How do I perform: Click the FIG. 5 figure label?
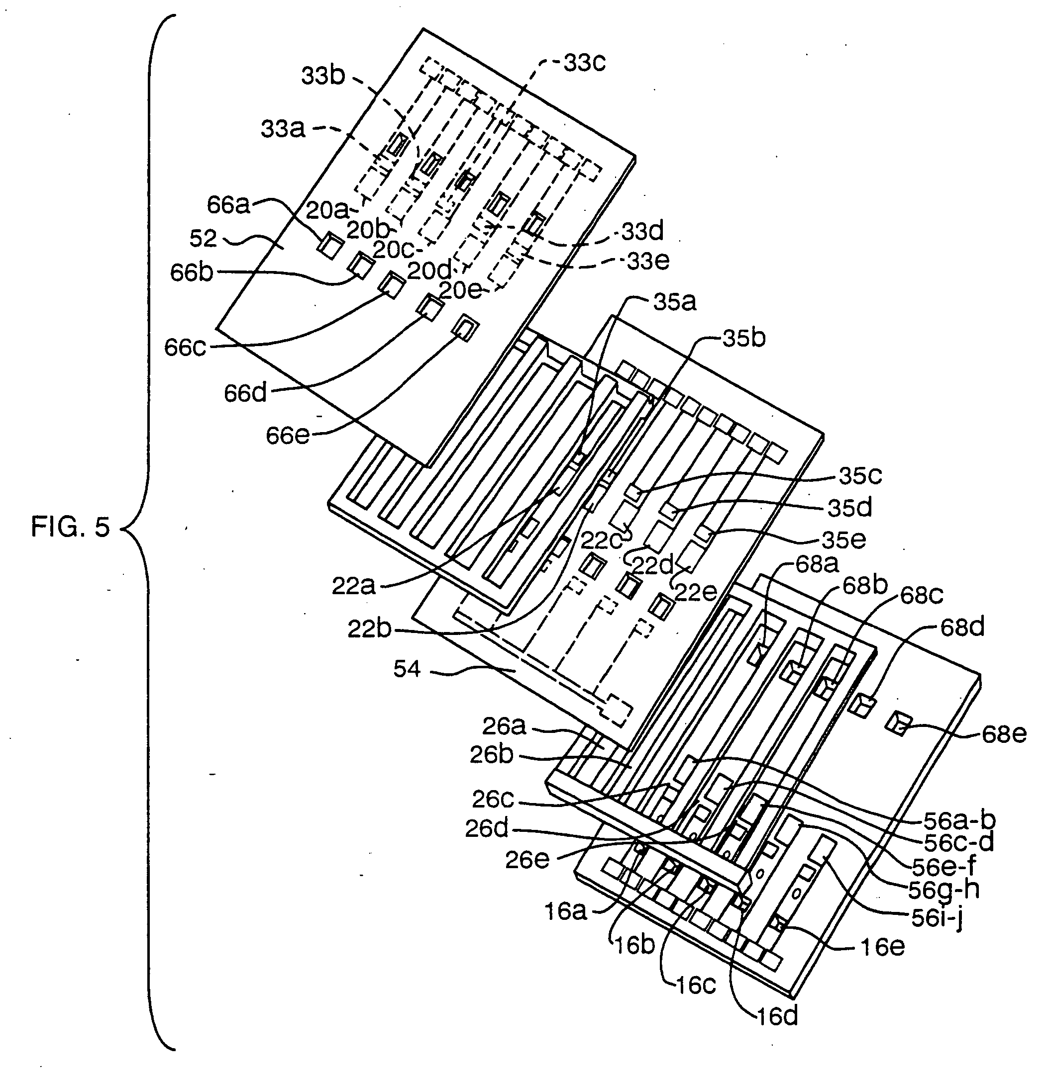point(70,528)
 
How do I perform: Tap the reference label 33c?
point(584,63)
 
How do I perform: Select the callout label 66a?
point(228,204)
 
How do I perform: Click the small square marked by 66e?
point(465,328)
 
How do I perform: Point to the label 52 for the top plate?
point(203,239)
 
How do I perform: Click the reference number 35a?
point(675,302)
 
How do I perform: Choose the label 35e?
point(844,539)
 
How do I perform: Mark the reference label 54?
point(407,669)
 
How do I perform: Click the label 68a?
point(818,564)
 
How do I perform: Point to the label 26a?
point(504,726)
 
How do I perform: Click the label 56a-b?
point(960,820)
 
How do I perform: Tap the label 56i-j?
point(937,919)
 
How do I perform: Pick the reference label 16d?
point(777,1017)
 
